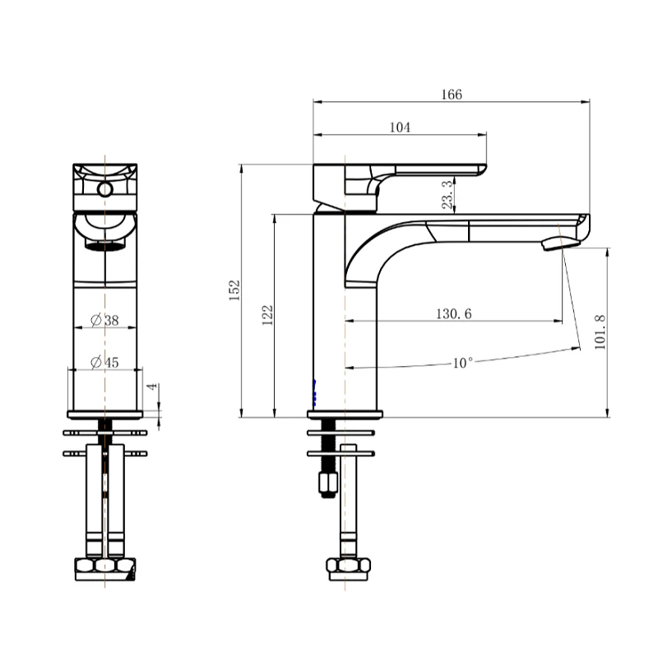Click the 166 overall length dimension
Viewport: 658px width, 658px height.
coord(451,95)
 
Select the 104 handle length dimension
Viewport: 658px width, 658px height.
coord(400,127)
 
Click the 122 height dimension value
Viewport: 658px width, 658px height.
coord(267,315)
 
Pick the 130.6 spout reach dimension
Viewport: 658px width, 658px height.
coord(453,313)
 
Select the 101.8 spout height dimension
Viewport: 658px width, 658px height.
coord(599,331)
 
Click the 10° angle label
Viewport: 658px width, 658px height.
coord(463,362)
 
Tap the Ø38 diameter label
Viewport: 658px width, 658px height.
coord(104,320)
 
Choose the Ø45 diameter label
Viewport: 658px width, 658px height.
coord(104,362)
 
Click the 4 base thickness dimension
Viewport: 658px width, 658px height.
coord(150,387)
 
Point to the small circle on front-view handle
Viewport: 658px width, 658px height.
coord(104,190)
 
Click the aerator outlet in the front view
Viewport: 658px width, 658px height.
coord(104,245)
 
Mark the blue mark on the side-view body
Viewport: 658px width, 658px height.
coord(314,390)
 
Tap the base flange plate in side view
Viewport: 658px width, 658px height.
coord(345,414)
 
